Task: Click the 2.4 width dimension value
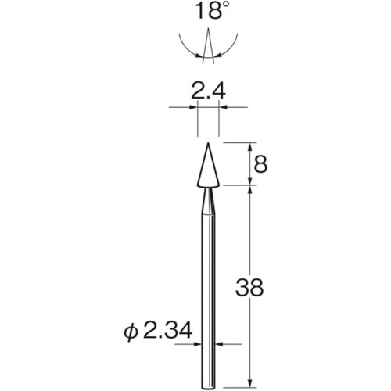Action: (208, 92)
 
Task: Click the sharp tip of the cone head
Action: (208, 143)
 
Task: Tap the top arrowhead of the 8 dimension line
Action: (249, 146)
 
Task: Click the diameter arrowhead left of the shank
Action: (199, 343)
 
